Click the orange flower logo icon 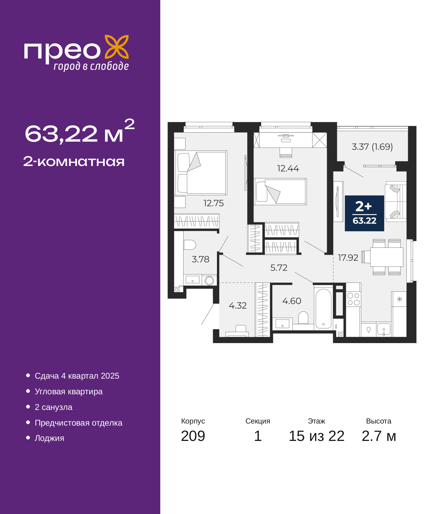pyautogui.click(x=116, y=47)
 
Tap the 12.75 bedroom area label pyautogui.click(x=213, y=203)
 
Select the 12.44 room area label pyautogui.click(x=288, y=168)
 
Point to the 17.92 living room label pyautogui.click(x=348, y=258)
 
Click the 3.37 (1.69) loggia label pyautogui.click(x=372, y=147)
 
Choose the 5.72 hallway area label pyautogui.click(x=279, y=268)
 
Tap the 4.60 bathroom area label pyautogui.click(x=292, y=301)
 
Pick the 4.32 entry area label pyautogui.click(x=238, y=306)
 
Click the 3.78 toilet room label pyautogui.click(x=201, y=259)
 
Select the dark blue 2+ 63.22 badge pyautogui.click(x=364, y=213)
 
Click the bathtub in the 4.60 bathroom pyautogui.click(x=323, y=309)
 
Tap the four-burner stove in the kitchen pyautogui.click(x=353, y=299)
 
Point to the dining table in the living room pyautogui.click(x=387, y=257)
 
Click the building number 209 pyautogui.click(x=193, y=436)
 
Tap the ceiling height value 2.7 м pyautogui.click(x=379, y=436)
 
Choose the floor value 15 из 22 pyautogui.click(x=316, y=436)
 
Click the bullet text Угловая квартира pyautogui.click(x=68, y=392)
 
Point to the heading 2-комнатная pyautogui.click(x=74, y=161)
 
